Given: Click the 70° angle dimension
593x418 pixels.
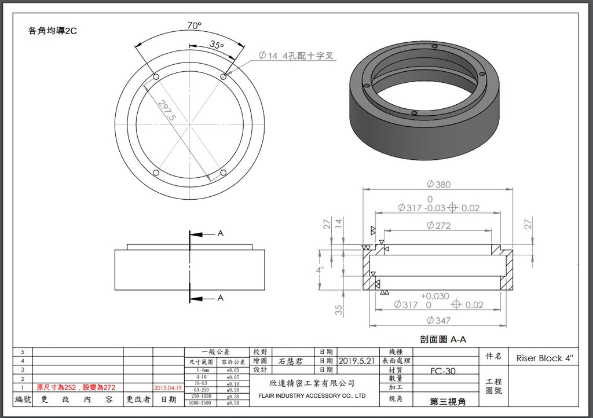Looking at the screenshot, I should coord(195,25).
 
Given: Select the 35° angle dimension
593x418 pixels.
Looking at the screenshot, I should coord(217,45).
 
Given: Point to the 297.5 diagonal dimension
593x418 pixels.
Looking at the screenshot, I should coord(167,110).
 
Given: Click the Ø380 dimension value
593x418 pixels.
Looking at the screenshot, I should coord(438,184).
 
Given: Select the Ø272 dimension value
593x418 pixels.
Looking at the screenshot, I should coord(438,225).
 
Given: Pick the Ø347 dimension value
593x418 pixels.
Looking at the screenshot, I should coord(438,320).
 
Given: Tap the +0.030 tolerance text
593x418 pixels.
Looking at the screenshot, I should coord(434,296).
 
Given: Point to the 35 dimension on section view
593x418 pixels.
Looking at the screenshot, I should coord(339,310).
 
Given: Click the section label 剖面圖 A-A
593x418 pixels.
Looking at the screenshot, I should coord(443,339).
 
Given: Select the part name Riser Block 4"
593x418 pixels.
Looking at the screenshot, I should coord(547,358).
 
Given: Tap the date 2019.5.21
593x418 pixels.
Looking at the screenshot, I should coord(356,360).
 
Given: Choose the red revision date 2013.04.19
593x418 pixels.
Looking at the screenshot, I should coord(168,387).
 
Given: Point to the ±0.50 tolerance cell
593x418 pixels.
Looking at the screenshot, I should coord(233,402).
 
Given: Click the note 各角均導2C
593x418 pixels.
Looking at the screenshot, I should coord(52,31).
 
